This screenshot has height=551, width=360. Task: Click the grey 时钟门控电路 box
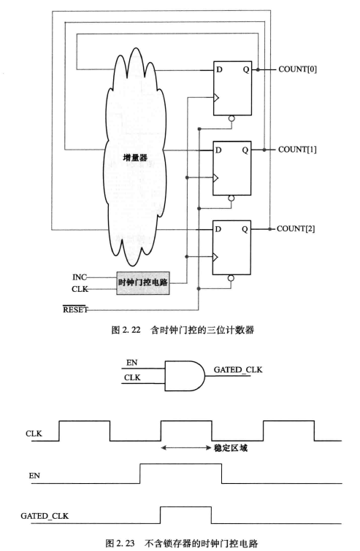pyautogui.click(x=143, y=282)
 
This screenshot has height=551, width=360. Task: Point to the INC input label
pyautogui.click(x=81, y=277)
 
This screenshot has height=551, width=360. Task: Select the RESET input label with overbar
pyautogui.click(x=75, y=310)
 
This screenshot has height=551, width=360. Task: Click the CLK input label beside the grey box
pyautogui.click(x=81, y=289)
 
